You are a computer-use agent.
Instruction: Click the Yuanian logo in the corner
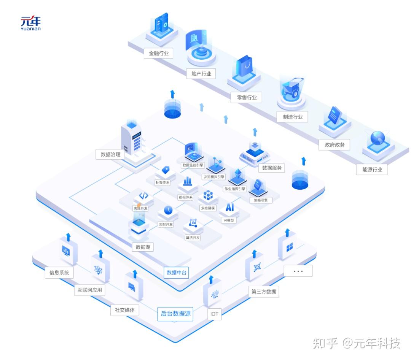(30, 23)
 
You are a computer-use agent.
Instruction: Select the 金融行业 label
(159, 53)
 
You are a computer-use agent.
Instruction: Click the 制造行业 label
(293, 117)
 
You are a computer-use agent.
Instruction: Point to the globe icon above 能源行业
(378, 137)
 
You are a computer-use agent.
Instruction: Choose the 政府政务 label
(335, 145)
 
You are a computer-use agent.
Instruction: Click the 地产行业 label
(201, 73)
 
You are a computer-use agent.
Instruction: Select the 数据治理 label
(110, 154)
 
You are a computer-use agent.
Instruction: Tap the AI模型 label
(229, 220)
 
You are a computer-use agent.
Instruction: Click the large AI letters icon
(230, 207)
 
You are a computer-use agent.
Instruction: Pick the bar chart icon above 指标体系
(187, 181)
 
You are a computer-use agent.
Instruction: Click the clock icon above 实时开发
(168, 210)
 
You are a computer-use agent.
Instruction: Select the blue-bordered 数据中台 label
(177, 273)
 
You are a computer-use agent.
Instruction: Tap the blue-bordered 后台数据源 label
(175, 314)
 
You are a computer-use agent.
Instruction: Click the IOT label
(215, 314)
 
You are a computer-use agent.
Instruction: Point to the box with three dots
(298, 271)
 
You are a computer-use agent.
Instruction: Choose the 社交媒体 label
(125, 310)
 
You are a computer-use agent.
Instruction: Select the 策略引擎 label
(261, 200)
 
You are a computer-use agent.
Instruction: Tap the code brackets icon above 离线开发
(143, 196)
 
